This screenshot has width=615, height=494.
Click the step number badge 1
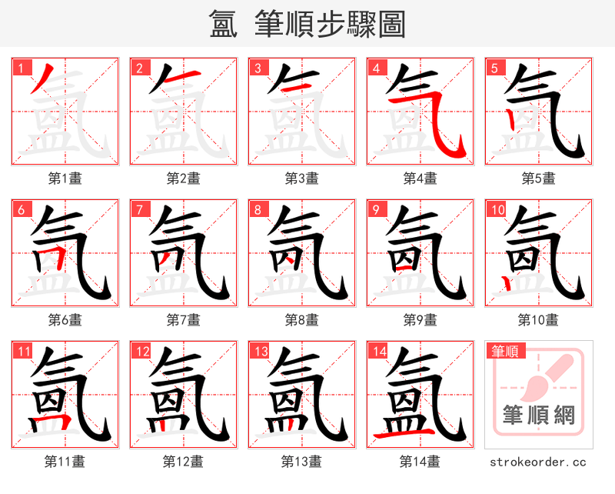[20, 68]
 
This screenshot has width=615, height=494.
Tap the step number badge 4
[376, 68]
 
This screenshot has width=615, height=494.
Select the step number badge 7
[139, 209]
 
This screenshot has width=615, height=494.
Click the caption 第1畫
[65, 179]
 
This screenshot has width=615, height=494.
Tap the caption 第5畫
[538, 179]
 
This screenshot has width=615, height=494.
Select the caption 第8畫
[302, 320]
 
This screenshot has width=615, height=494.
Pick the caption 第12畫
[184, 462]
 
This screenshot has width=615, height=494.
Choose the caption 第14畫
[421, 462]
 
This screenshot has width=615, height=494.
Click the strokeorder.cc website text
[538, 462]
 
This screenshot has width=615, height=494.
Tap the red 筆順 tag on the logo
[504, 352]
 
